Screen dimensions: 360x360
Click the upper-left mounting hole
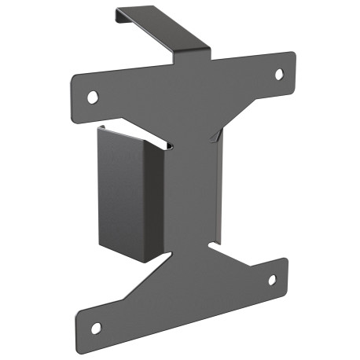tap(93, 97)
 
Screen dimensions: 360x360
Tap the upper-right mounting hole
tap(278, 74)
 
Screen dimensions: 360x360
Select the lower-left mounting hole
tap(95, 328)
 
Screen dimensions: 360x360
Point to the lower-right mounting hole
tap(272, 280)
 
